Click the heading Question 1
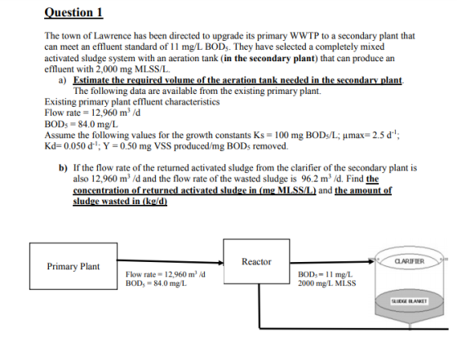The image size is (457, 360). pos(73,12)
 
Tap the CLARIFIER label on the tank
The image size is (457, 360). pos(410,261)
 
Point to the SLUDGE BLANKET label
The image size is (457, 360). pos(409,301)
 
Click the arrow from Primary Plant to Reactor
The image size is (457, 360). pos(170,261)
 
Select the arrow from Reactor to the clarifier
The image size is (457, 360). pos(332,262)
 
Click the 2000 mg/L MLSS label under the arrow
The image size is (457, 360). pos(326,283)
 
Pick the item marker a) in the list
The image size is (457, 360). pos(62,80)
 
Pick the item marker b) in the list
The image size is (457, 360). pos(63,168)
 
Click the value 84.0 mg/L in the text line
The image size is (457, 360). pos(98,124)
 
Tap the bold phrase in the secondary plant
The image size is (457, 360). pos(269,58)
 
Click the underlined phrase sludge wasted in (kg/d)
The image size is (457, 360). pos(120,201)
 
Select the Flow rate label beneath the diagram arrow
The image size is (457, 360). pos(165,274)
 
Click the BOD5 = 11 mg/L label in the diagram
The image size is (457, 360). pos(325,274)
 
